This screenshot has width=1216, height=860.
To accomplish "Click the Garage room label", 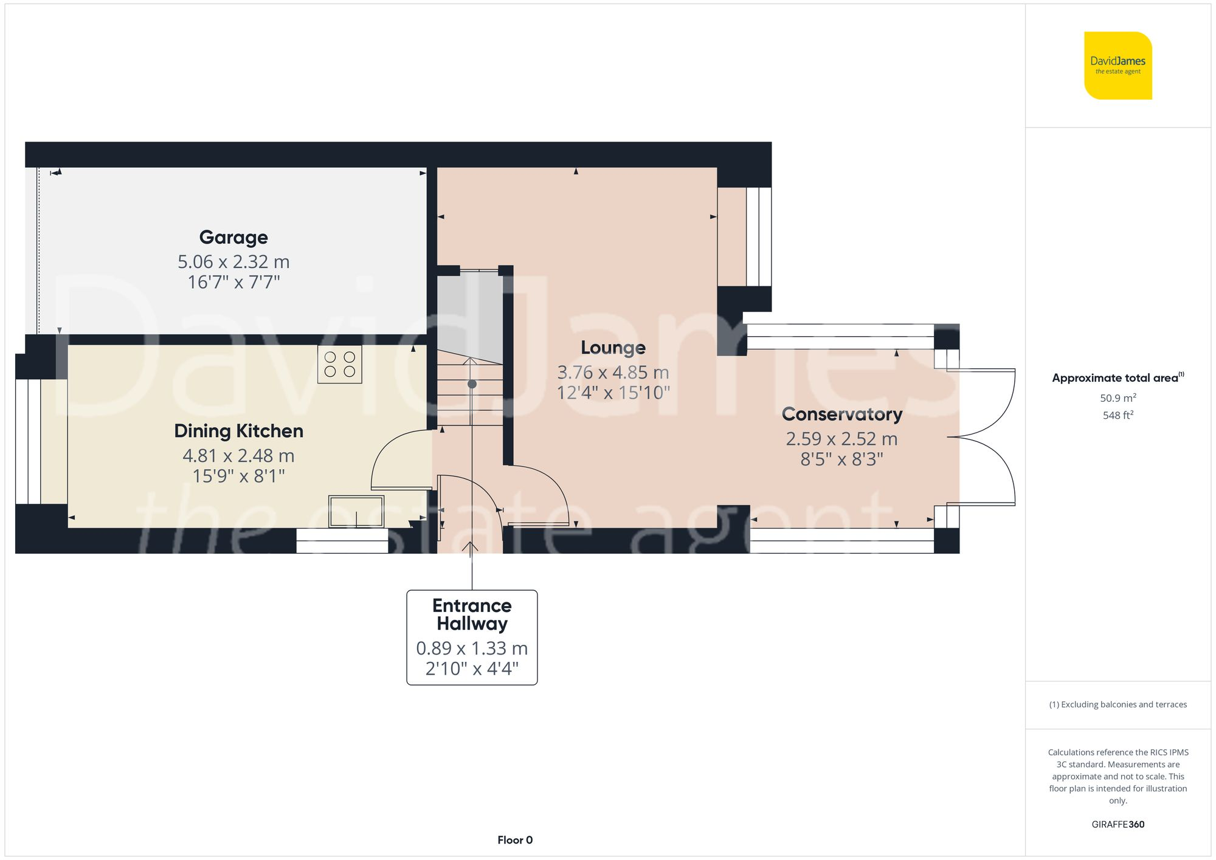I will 233,237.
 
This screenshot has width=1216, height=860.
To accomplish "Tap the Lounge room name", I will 613,348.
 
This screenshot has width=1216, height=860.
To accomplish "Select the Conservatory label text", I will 841,414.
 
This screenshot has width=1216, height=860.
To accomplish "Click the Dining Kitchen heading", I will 238,431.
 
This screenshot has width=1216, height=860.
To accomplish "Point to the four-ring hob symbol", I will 340,364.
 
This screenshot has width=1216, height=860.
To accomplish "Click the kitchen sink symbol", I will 356,511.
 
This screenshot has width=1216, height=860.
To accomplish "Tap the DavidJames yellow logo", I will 1118,66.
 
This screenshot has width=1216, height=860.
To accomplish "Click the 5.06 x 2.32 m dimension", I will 233,262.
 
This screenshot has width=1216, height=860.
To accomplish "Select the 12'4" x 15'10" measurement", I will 613,393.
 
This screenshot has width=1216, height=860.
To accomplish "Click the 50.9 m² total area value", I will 1118,398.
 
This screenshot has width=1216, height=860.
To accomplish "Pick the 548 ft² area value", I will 1118,415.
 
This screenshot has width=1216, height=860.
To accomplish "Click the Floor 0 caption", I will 515,840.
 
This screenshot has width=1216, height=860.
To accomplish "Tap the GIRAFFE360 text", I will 1118,824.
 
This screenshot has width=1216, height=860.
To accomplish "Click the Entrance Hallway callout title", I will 472,614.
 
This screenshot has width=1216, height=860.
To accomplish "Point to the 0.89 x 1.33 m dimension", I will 472,648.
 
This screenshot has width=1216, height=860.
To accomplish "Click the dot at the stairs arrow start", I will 472,384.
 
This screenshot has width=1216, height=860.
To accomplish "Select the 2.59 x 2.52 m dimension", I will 841,439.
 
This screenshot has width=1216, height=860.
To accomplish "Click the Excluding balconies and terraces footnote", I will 1118,704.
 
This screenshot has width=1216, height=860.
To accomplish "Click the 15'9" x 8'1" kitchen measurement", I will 238,476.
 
